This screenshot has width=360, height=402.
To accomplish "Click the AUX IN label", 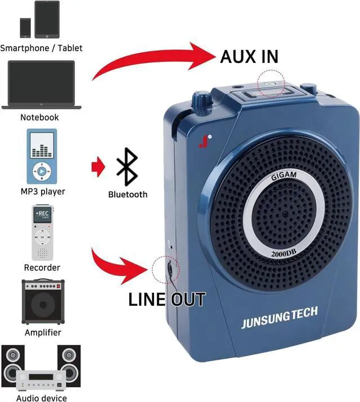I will (x=249, y=56).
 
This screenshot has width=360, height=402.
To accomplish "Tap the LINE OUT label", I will (x=166, y=299).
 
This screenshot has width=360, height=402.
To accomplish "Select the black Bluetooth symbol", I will (x=128, y=166).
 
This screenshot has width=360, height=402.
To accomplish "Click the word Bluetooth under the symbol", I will (x=128, y=195).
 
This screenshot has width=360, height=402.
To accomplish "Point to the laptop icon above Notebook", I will (x=42, y=84).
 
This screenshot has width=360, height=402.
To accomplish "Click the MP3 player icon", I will (x=42, y=156).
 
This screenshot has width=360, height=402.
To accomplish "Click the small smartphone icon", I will (x=25, y=26).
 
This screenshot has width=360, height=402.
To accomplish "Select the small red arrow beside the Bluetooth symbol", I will (x=98, y=166).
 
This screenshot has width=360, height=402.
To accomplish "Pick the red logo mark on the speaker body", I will (x=202, y=141).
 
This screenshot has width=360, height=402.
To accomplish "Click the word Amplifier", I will (x=43, y=332).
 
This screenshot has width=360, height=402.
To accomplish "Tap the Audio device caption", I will (x=41, y=398).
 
